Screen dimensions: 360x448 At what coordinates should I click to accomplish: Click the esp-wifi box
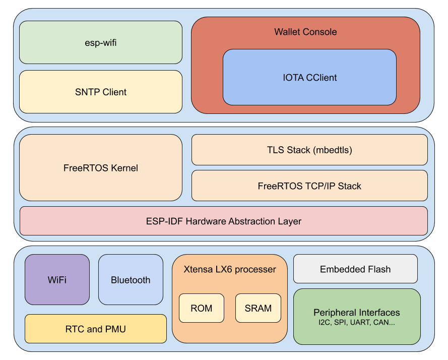[x=100, y=42]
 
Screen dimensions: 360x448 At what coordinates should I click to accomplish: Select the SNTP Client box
[x=100, y=92]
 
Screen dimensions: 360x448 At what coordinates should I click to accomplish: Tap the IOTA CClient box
[x=309, y=77]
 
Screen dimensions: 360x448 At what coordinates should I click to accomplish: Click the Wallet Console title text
[x=305, y=32]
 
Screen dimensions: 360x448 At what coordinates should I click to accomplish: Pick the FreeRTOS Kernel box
[x=100, y=168]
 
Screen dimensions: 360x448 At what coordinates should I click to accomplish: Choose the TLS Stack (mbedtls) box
[x=309, y=150]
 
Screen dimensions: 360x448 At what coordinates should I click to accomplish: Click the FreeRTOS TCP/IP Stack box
[x=309, y=186]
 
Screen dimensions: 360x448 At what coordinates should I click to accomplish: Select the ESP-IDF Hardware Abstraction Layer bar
[x=223, y=221]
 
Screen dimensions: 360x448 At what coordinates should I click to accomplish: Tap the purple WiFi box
[x=57, y=280]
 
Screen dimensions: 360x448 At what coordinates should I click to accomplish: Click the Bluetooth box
[x=131, y=280]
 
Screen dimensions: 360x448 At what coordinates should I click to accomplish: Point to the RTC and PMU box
[x=95, y=329]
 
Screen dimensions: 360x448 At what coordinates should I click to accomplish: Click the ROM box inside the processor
[x=201, y=308]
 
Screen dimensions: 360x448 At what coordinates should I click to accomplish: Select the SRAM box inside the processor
[x=258, y=308]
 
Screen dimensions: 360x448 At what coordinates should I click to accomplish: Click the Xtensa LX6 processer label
[x=230, y=269]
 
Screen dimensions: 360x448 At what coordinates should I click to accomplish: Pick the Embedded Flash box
[x=355, y=269]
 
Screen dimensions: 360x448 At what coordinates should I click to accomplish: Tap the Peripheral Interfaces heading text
[x=356, y=313]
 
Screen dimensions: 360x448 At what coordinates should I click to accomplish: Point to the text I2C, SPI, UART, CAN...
[x=356, y=322]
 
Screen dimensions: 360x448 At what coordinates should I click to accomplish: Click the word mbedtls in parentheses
[x=334, y=150]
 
